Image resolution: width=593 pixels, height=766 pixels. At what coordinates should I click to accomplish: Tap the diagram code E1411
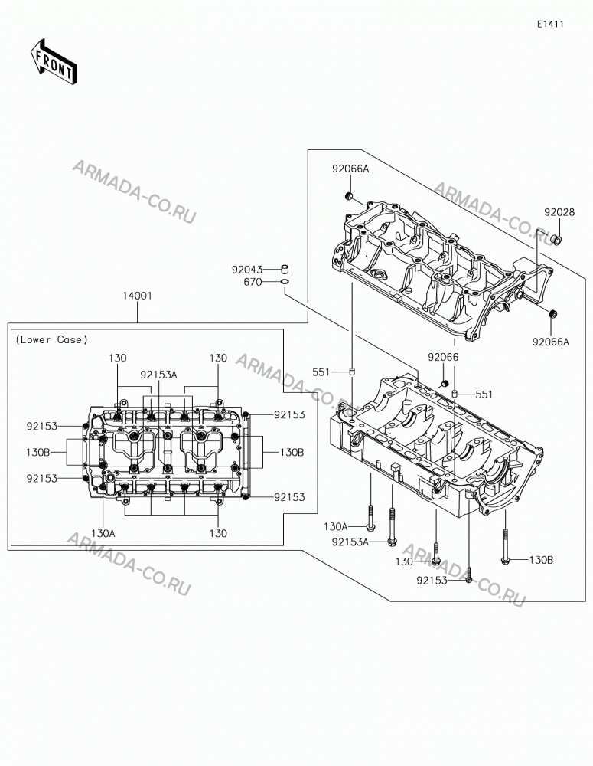551,24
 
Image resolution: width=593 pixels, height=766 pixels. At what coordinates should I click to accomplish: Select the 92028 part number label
560,212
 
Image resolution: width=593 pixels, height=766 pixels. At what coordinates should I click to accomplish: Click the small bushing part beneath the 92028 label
556,239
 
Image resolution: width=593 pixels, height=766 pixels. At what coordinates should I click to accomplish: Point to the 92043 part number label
247,269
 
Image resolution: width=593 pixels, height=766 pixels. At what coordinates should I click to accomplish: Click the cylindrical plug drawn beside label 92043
285,269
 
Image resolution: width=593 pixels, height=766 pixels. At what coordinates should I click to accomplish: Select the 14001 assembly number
137,296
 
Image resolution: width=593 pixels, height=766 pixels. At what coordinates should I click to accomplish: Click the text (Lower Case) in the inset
52,339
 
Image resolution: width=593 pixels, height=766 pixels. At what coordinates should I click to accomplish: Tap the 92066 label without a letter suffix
443,357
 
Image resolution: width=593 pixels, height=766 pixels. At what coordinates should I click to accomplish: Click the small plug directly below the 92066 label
445,382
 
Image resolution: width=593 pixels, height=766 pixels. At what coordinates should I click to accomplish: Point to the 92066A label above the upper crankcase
350,169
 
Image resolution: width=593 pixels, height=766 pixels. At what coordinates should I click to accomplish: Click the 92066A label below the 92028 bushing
551,342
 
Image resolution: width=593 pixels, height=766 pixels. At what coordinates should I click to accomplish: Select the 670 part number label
253,282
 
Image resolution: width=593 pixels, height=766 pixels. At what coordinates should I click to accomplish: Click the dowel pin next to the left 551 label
351,372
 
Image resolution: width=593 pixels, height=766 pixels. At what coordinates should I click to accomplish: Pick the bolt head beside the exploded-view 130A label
370,527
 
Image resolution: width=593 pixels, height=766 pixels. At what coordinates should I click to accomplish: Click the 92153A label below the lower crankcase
350,542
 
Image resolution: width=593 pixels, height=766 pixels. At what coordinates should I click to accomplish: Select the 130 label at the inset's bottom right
218,533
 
